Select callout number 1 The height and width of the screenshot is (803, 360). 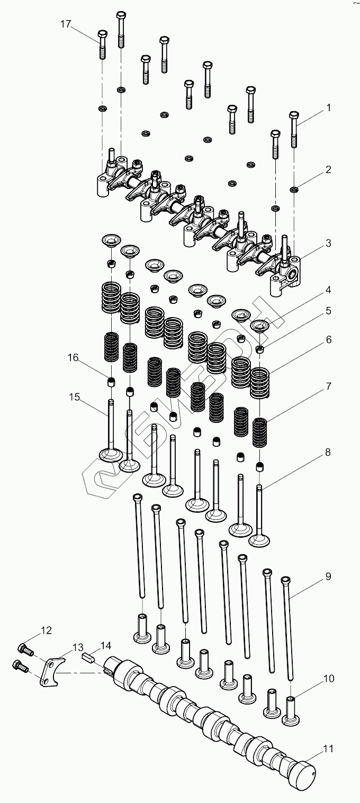pos(328,108)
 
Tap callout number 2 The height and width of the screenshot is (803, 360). pos(328,170)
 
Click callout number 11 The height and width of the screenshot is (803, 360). pos(328,749)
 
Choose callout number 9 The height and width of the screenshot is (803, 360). pos(328,576)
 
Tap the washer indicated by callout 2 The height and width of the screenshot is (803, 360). pos(294,189)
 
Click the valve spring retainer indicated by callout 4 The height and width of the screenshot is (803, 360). pos(259,326)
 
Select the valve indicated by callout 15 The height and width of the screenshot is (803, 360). pos(111,434)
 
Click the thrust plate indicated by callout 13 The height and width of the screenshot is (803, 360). pos(52,670)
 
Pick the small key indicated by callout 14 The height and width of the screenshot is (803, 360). pos(88,657)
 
